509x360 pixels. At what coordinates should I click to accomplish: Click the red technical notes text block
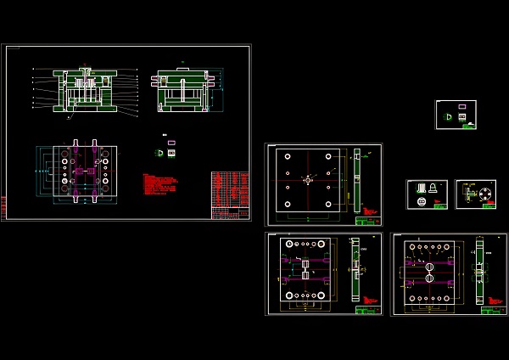pyautogui.click(x=160, y=185)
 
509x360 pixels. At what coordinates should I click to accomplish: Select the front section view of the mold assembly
pyautogui.click(x=84, y=90)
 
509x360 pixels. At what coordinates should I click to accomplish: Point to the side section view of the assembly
pyautogui.click(x=183, y=91)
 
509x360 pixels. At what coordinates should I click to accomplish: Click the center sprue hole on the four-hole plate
pyautogui.click(x=307, y=180)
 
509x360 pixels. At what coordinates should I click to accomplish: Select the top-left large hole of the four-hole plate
pyautogui.click(x=288, y=157)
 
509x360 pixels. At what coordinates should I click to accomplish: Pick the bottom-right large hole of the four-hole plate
pyautogui.click(x=327, y=204)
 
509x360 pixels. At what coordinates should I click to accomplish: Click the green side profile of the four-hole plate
pyautogui.click(x=357, y=180)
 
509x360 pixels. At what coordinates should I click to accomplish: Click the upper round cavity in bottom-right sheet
pyautogui.click(x=429, y=266)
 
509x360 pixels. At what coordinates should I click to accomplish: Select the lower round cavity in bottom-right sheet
pyautogui.click(x=429, y=278)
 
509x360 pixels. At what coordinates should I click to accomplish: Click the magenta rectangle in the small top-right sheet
pyautogui.click(x=462, y=107)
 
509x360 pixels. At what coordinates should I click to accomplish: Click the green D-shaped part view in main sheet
pyautogui.click(x=159, y=153)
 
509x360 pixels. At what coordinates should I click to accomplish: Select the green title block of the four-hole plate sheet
pyautogui.click(x=366, y=221)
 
